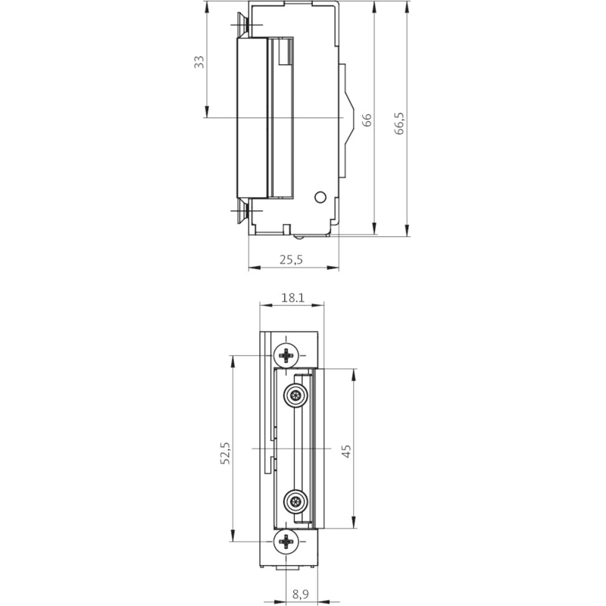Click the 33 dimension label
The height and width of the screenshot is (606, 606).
click(x=198, y=62)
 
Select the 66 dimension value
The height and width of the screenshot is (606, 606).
click(x=367, y=120)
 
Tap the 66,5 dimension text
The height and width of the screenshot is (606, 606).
click(x=400, y=123)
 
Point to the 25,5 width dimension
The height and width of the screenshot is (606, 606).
click(x=291, y=260)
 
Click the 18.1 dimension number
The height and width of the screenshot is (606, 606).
click(x=292, y=298)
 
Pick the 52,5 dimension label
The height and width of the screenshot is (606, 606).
click(x=225, y=453)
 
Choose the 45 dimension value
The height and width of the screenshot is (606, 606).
click(x=347, y=451)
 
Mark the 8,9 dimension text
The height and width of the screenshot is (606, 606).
click(x=300, y=595)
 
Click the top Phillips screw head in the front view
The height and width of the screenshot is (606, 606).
click(x=286, y=355)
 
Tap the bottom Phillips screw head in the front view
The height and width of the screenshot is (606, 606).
click(x=286, y=542)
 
